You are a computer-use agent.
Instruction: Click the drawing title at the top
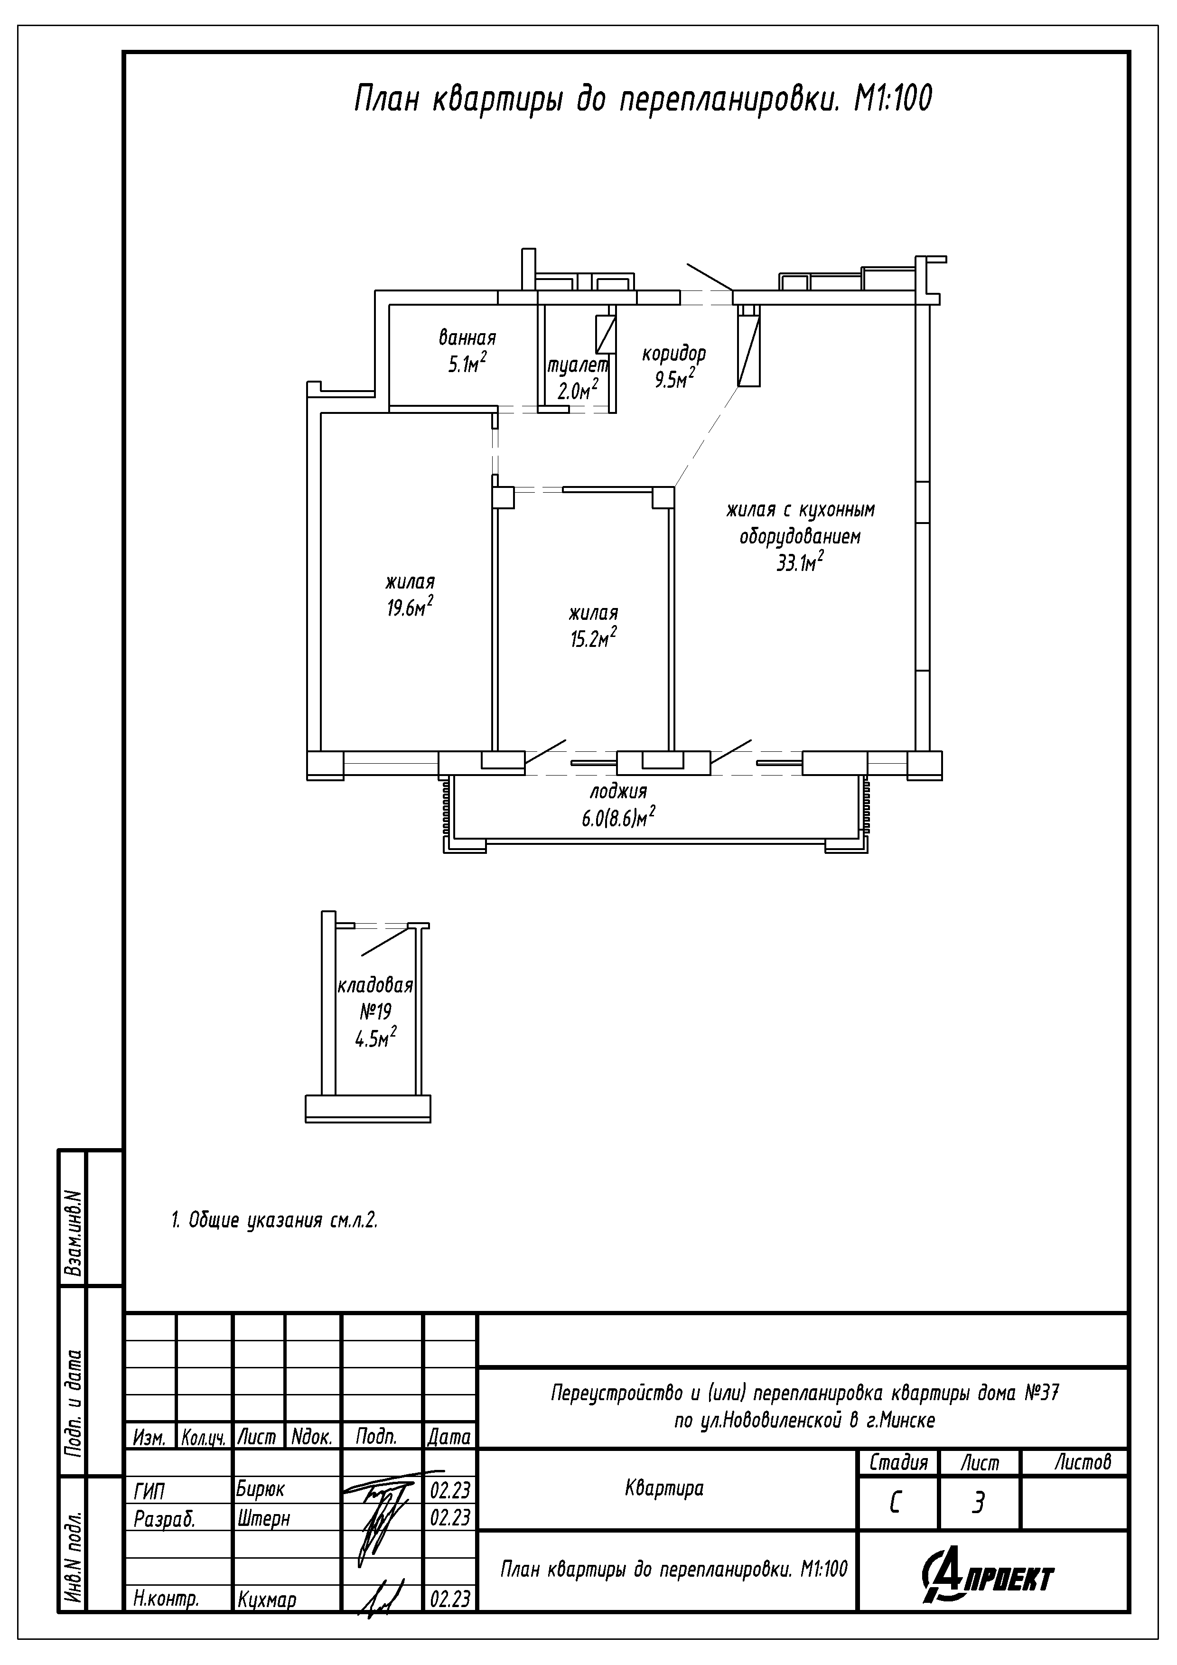(643, 99)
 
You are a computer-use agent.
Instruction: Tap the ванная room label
(467, 338)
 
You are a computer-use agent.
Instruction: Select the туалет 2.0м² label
(577, 379)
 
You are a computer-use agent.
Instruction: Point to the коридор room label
(674, 354)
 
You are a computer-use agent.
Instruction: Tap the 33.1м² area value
(800, 562)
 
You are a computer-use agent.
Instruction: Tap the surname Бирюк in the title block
(261, 1489)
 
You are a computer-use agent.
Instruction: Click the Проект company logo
(988, 1575)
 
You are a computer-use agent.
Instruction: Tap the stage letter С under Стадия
(896, 1504)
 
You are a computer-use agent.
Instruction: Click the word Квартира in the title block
(664, 1489)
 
